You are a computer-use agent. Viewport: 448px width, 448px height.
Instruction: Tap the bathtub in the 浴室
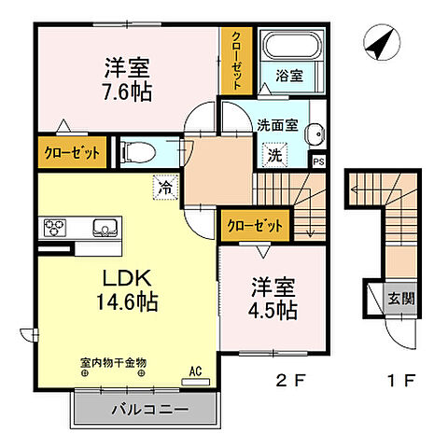point(290,47)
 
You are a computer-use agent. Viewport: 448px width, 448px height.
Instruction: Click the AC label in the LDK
point(196,371)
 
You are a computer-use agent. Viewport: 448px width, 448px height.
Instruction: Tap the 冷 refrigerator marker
point(164,186)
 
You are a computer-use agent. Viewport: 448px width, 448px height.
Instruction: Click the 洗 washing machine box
point(276,156)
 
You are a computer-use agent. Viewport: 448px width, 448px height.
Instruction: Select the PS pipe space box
point(319,161)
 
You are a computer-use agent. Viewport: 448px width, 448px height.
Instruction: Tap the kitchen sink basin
point(101,228)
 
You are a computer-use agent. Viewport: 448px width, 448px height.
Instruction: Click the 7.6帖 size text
point(128,92)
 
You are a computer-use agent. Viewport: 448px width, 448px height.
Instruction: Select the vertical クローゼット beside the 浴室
point(236,59)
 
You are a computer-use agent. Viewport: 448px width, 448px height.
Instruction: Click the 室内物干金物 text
point(113,361)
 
